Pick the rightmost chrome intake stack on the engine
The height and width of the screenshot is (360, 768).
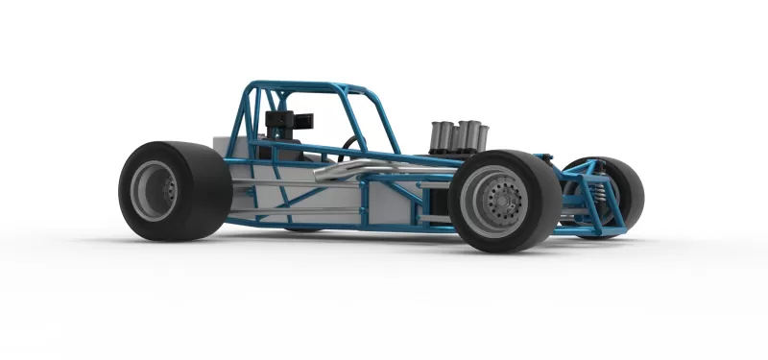[479, 135]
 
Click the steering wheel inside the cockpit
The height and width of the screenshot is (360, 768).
[350, 145]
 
